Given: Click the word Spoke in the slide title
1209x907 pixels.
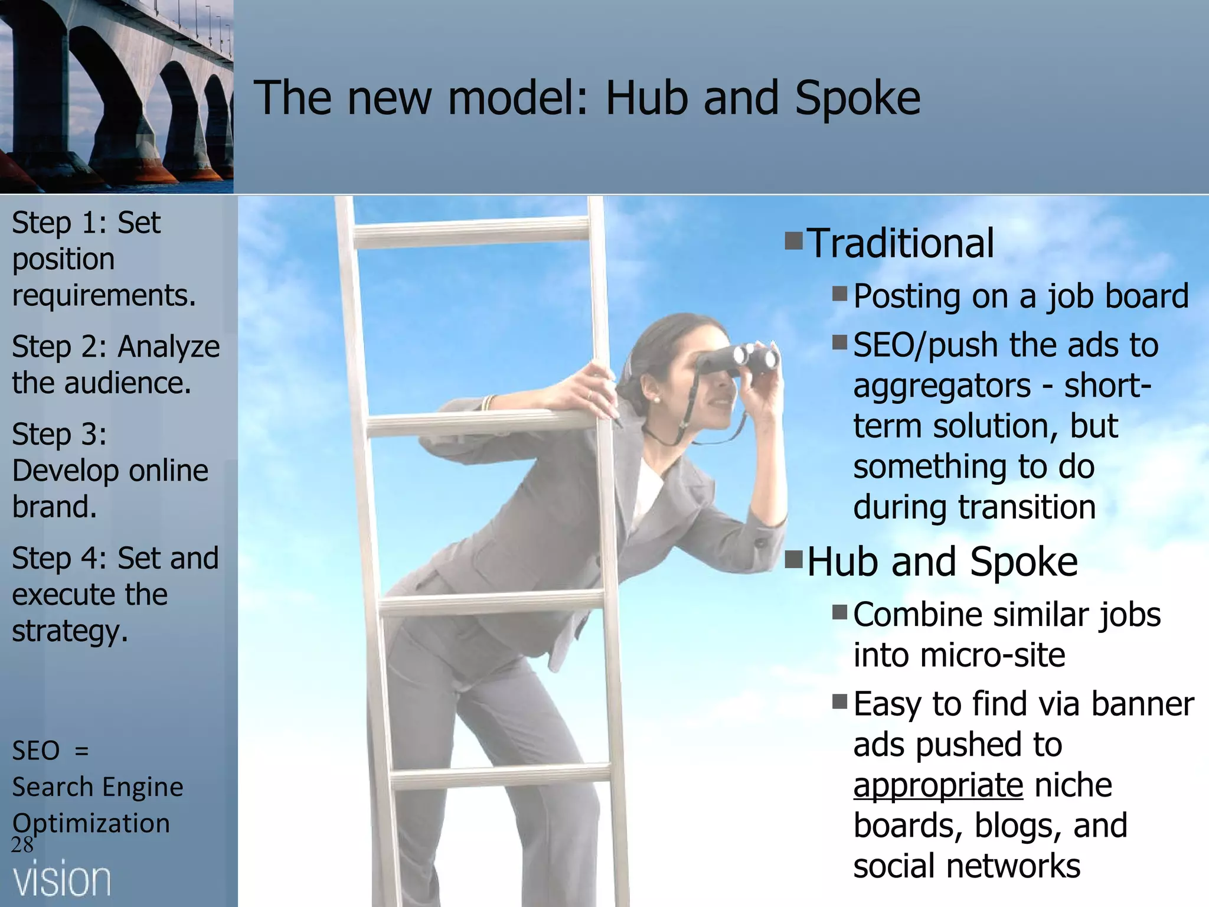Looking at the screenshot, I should (x=857, y=99).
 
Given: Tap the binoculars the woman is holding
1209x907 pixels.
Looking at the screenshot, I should (x=737, y=359).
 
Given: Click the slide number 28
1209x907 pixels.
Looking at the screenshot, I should (x=22, y=845).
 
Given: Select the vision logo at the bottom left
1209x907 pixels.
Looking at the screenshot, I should (x=62, y=880).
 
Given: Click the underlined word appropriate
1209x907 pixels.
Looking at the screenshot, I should (x=938, y=786).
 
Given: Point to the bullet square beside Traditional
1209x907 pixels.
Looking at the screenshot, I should (x=793, y=241).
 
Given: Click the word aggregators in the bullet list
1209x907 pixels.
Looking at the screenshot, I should (x=942, y=387).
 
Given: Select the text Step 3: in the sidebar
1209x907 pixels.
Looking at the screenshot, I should (x=60, y=435).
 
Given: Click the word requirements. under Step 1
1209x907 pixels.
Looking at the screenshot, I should (x=104, y=295).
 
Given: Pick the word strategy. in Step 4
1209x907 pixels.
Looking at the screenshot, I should (x=70, y=631).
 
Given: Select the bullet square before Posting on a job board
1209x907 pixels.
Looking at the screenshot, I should (x=839, y=293).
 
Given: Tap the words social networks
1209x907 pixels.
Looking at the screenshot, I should (x=966, y=866).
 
